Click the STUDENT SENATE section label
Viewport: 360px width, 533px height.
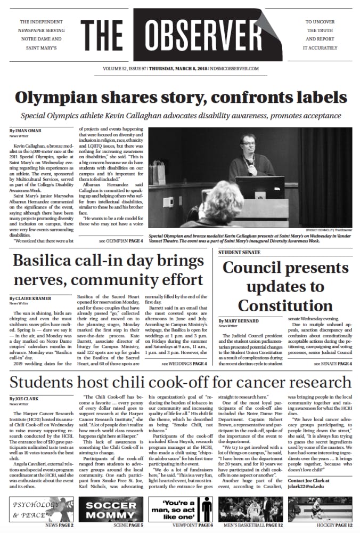point(239,252)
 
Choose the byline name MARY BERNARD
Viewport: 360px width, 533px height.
point(240,321)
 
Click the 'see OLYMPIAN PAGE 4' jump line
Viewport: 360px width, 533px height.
point(121,241)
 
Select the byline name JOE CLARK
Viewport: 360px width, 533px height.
point(24,399)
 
